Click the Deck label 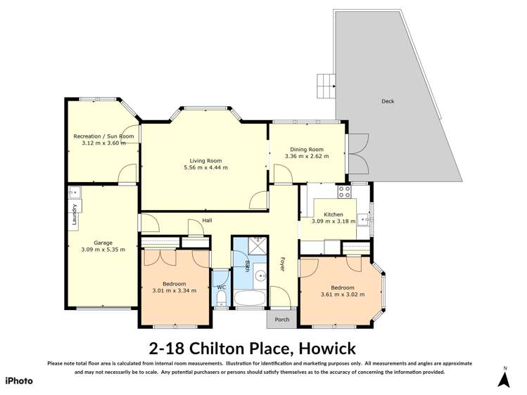coord(388,101)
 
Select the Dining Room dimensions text coord(307,156)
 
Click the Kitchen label coord(333,214)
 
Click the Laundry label coord(73,216)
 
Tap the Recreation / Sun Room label coord(103,136)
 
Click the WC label coord(221,287)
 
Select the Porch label coord(282,319)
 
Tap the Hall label coord(208,221)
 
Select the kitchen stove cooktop coord(344,191)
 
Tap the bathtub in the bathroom coord(249,299)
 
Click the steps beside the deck coord(326,86)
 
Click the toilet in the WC coord(221,299)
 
